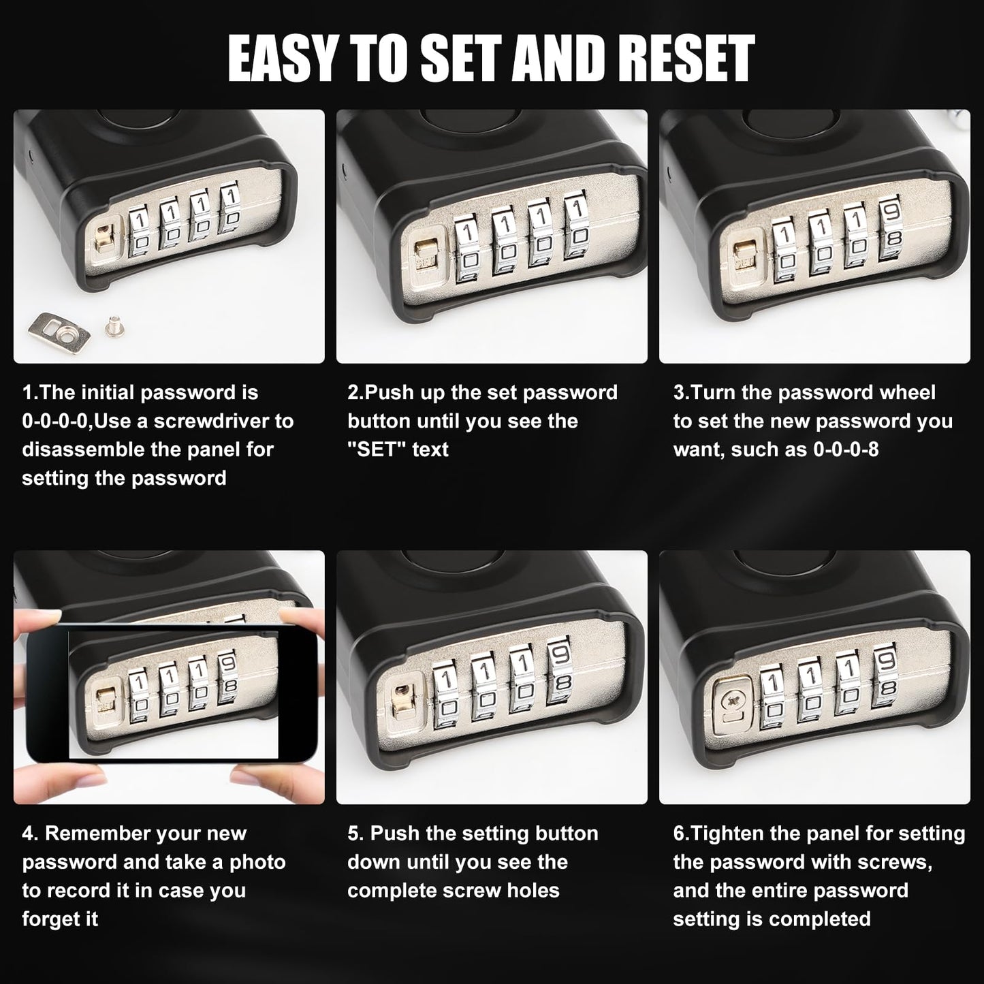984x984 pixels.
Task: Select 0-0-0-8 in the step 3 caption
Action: point(846,449)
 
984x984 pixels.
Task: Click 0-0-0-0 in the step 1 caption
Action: point(54,421)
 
